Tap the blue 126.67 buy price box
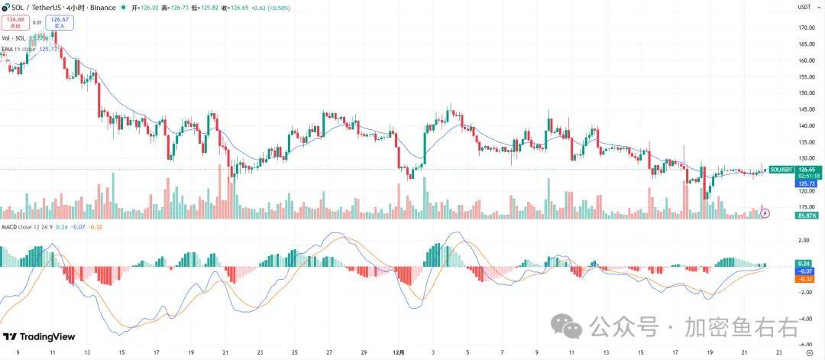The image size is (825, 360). point(60,22)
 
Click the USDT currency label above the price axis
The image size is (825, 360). point(804,7)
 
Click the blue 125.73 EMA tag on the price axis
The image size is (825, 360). point(807,184)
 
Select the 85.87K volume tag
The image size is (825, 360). point(807,216)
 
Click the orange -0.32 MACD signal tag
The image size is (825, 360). point(804,279)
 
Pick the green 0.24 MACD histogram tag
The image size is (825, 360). point(804,264)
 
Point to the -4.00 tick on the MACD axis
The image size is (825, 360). point(805,319)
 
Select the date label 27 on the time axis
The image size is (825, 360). point(328,353)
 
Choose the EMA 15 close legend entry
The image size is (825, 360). point(18,49)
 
